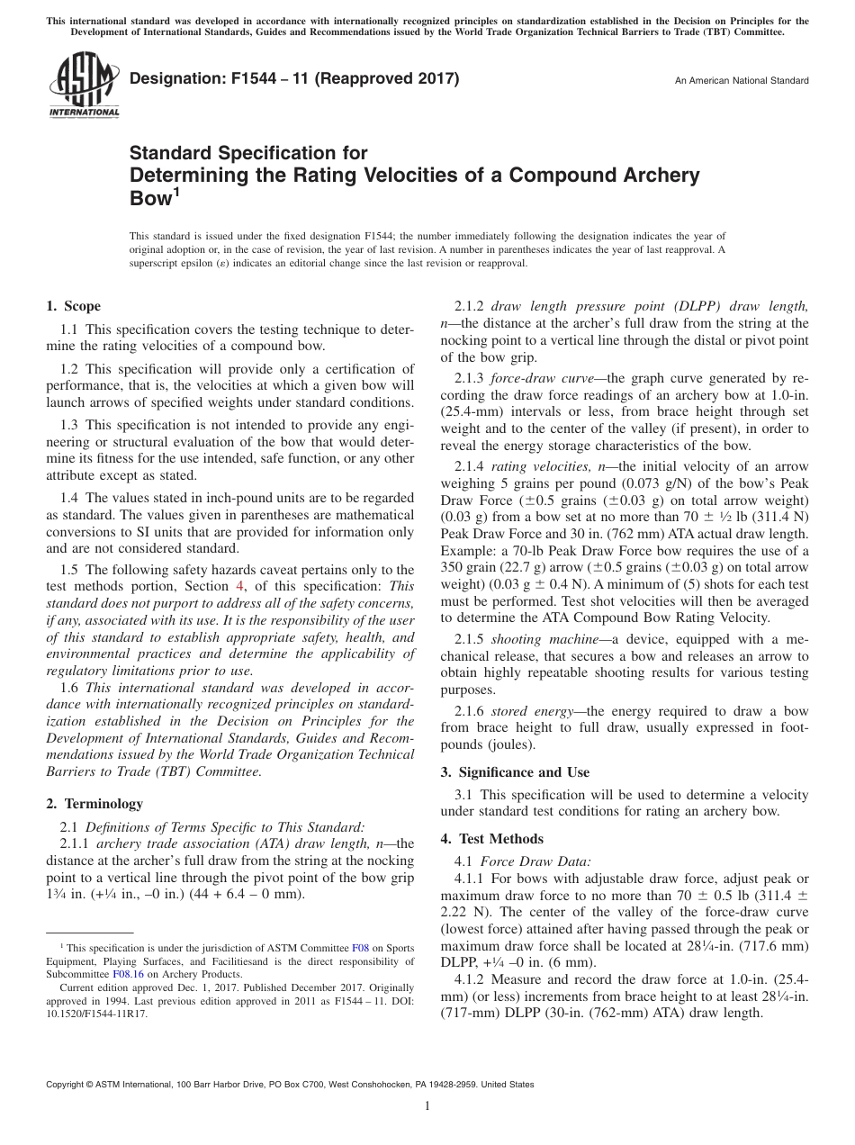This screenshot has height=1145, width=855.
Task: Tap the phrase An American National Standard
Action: [x=742, y=81]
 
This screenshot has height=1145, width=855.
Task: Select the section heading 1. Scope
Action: [x=73, y=306]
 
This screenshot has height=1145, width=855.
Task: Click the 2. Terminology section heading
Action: [x=94, y=804]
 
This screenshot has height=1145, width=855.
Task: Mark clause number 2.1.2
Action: [x=470, y=305]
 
